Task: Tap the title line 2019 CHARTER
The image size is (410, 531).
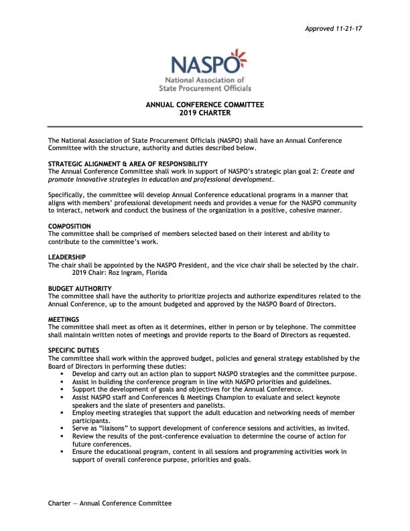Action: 204,113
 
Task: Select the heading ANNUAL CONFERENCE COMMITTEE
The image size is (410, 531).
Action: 204,105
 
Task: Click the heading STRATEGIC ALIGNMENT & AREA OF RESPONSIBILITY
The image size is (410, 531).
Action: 127,164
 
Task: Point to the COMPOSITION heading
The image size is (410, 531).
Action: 70,227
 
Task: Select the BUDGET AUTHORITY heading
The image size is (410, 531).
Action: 80,288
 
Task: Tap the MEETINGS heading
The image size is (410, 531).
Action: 64,319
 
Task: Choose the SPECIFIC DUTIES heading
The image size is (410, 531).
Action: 74,351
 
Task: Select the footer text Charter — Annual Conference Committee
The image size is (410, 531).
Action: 110,504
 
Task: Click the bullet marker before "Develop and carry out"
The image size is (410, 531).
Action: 62,374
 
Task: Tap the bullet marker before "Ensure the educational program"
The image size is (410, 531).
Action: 62,452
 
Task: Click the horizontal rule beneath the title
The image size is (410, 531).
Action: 204,127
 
